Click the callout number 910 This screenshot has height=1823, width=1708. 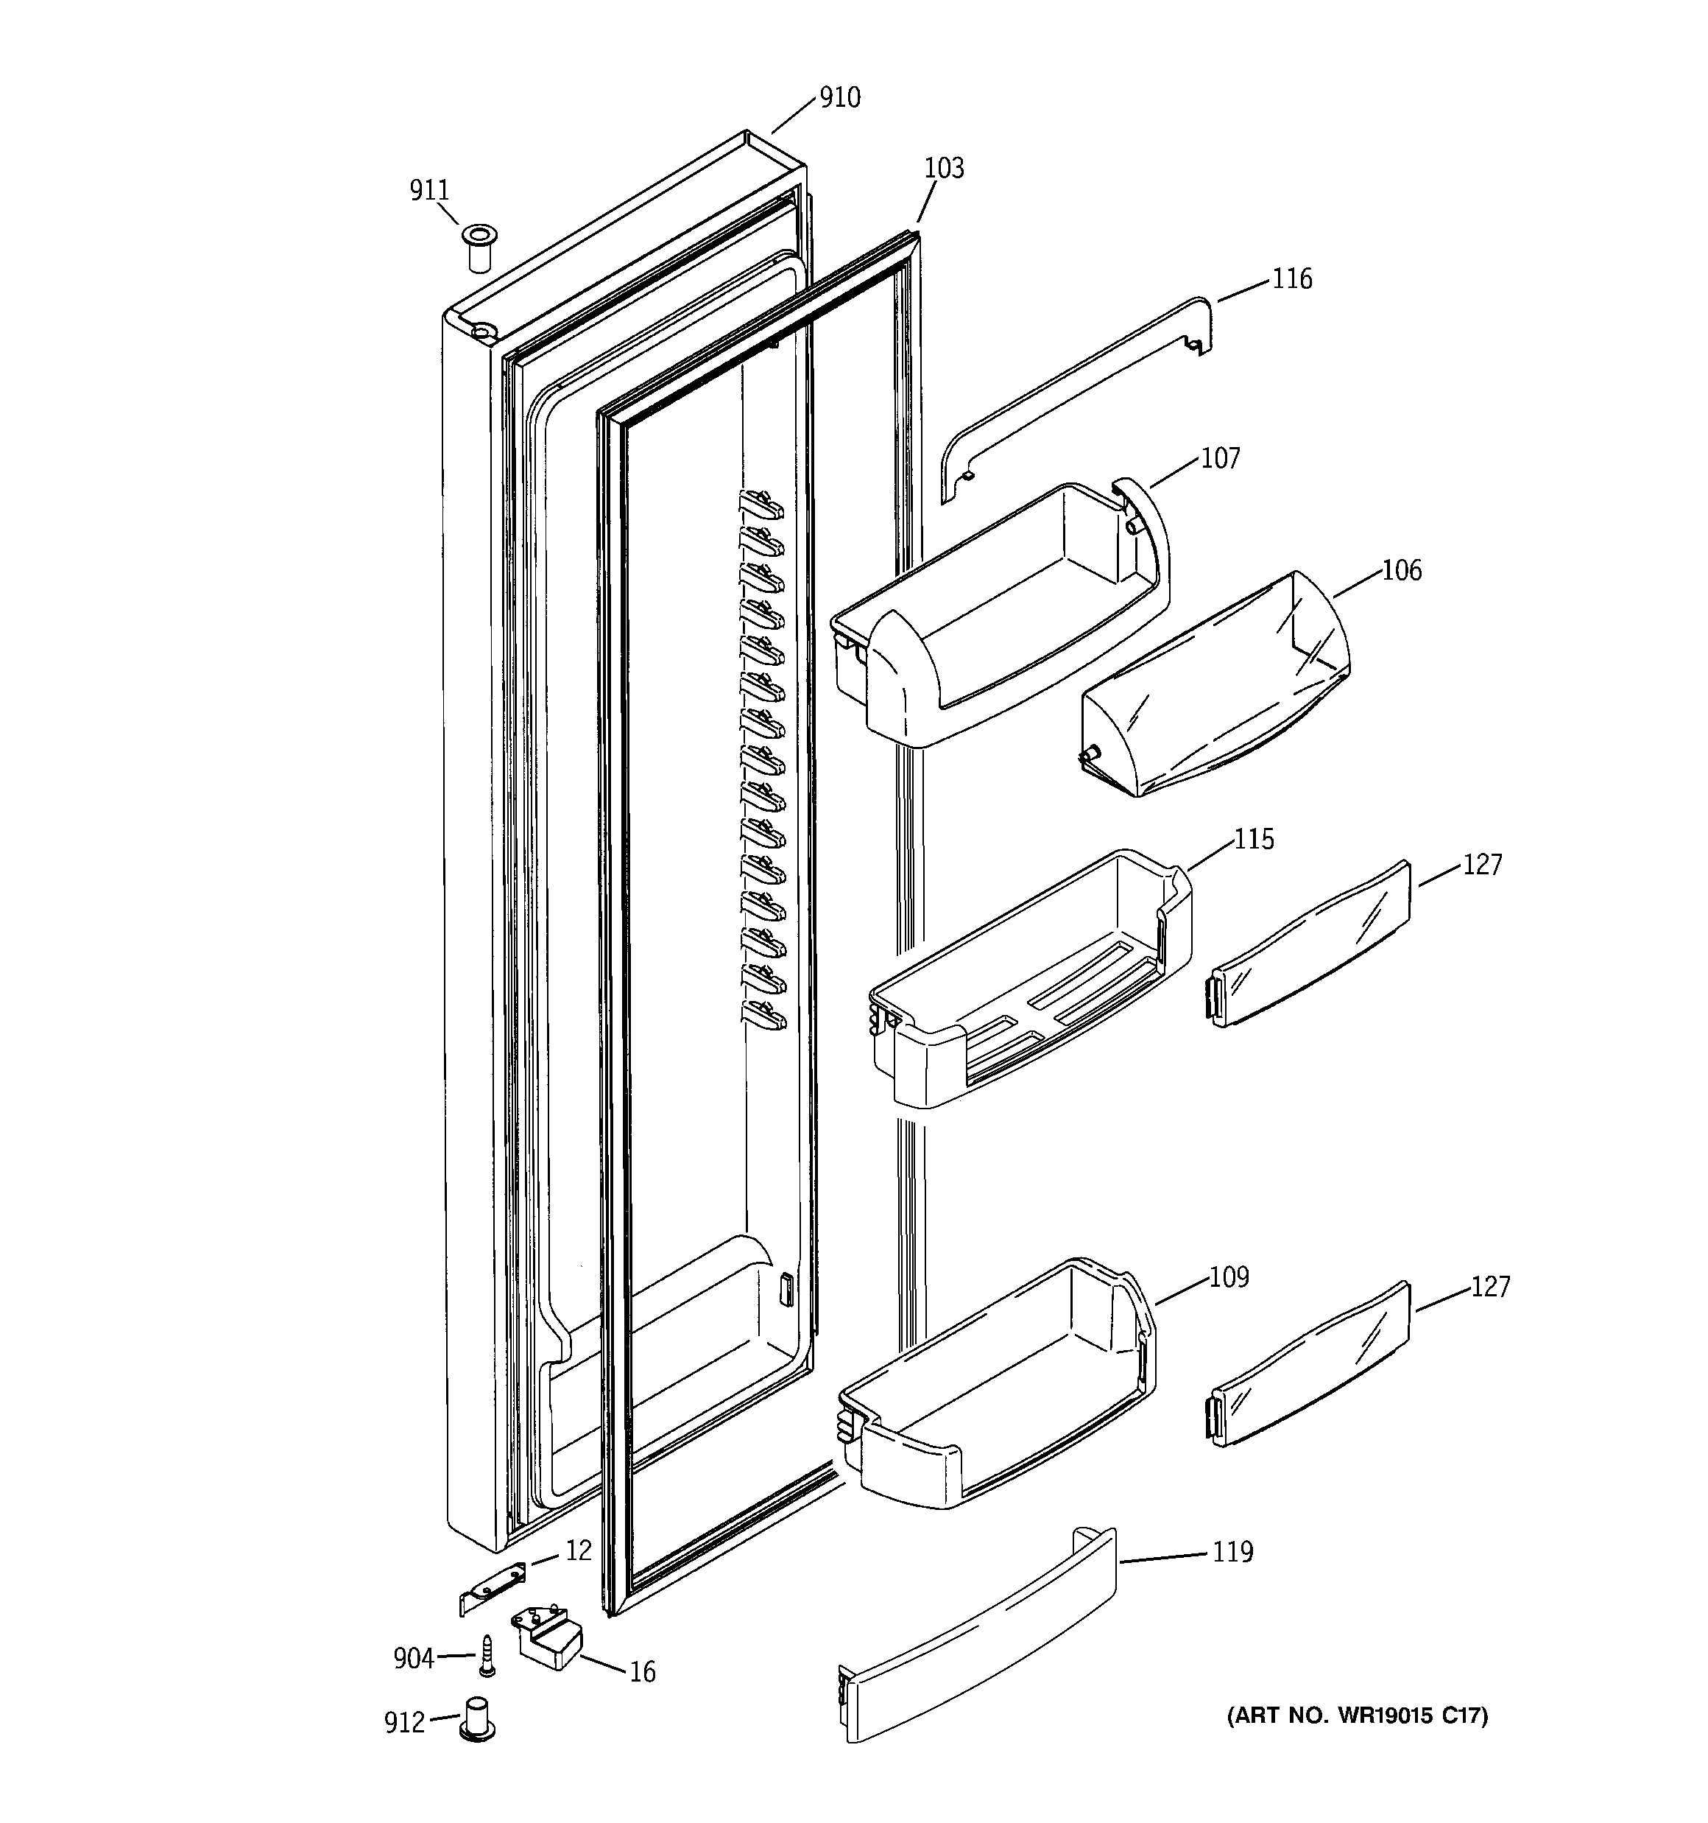839,98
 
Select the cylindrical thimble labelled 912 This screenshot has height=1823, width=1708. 478,1719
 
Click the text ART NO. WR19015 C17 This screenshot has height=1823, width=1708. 1357,1715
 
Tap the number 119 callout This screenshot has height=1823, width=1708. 1232,1553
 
